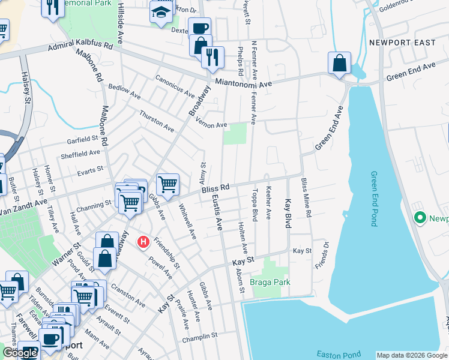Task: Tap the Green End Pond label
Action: click(374, 199)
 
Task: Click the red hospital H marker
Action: click(143, 242)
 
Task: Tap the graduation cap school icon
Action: click(161, 12)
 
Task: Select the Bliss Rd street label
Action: click(215, 188)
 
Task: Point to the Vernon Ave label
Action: click(214, 125)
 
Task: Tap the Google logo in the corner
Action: click(20, 353)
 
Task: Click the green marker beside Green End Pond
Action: click(420, 218)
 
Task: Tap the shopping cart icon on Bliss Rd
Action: click(167, 184)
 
